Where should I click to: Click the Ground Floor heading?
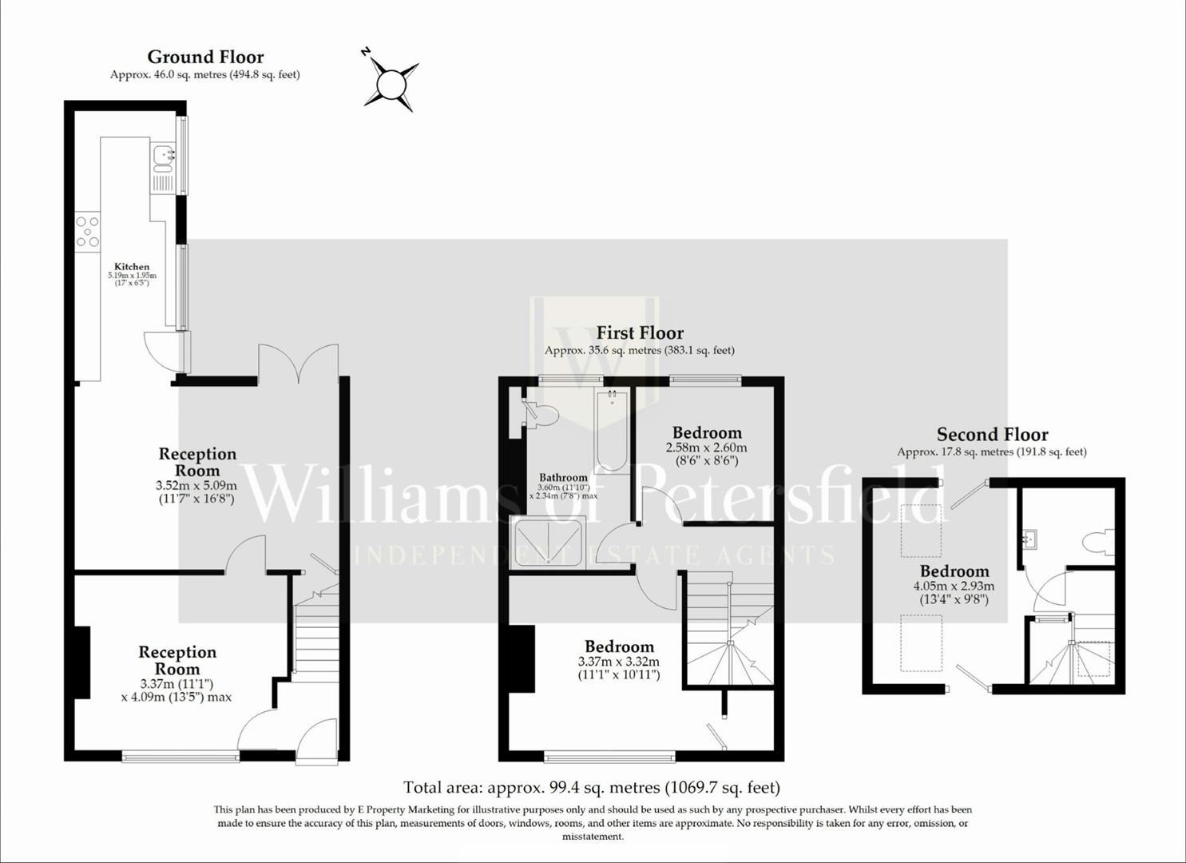click(205, 57)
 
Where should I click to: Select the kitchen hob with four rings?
click(88, 231)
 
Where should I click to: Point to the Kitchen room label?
click(132, 267)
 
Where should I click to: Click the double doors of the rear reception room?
click(298, 364)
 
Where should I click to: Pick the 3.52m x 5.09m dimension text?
click(196, 485)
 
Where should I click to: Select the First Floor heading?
click(640, 332)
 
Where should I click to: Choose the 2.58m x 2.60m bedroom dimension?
click(707, 447)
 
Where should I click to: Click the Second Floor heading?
click(992, 434)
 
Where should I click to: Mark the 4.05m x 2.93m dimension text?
click(954, 586)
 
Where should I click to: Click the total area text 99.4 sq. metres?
click(592, 787)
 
